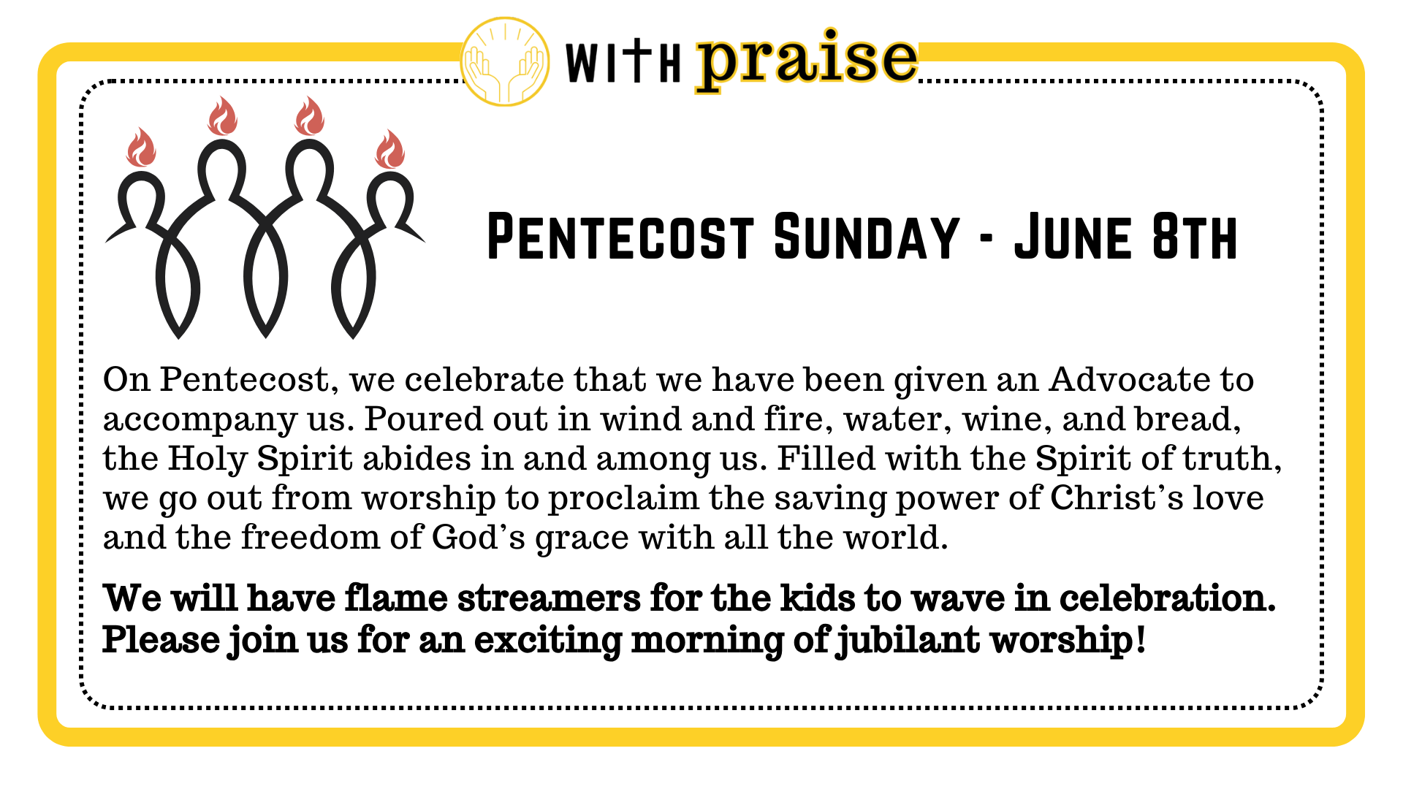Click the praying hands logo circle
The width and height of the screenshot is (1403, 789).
[x=505, y=61]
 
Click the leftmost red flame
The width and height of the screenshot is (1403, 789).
[x=141, y=148]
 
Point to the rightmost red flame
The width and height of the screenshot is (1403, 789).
[x=389, y=149]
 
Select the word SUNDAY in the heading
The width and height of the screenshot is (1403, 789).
[x=866, y=237]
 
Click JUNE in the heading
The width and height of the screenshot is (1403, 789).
[x=1073, y=237]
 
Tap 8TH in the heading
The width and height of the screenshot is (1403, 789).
[x=1195, y=237]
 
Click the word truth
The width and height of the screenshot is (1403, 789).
[x=1232, y=459]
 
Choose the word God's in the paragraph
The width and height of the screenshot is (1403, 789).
[x=479, y=537]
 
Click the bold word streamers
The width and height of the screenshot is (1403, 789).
[x=549, y=598]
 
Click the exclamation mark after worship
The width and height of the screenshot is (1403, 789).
[x=1141, y=639]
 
